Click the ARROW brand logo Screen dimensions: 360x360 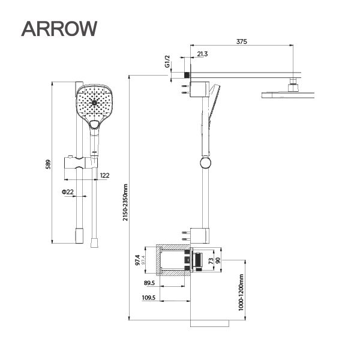click(x=59, y=28)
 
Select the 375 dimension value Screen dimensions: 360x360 click(x=242, y=41)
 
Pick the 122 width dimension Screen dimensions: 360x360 click(x=104, y=175)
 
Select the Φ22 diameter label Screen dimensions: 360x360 click(x=67, y=191)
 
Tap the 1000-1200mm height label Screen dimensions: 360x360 click(x=239, y=292)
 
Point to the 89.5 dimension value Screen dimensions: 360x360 click(x=150, y=283)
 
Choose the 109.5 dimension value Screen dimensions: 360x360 click(x=149, y=297)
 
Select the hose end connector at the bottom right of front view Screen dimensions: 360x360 click(x=92, y=242)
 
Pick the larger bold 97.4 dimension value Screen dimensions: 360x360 click(x=137, y=260)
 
